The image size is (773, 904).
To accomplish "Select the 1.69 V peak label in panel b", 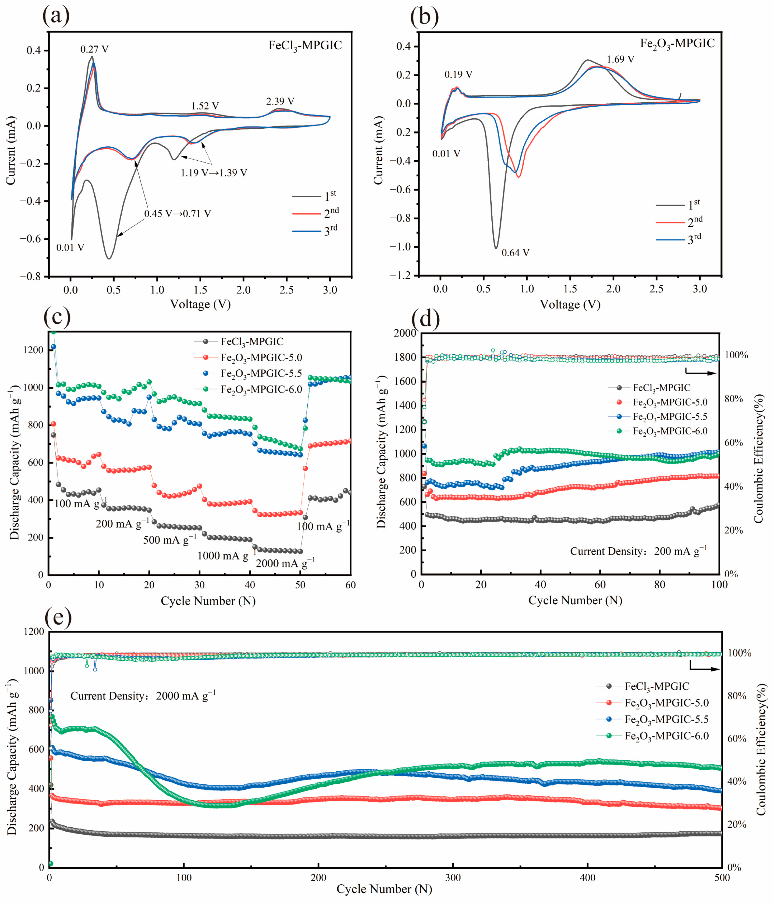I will click(x=620, y=59).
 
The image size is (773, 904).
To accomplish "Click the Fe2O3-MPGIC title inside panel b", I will click(x=677, y=44).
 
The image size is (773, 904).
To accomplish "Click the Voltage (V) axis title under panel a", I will click(x=200, y=304).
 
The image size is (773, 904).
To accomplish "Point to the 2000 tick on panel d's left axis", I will click(x=405, y=333).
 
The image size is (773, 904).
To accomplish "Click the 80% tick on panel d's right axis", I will click(x=734, y=399).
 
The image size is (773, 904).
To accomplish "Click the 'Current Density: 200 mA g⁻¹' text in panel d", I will click(x=638, y=552).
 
